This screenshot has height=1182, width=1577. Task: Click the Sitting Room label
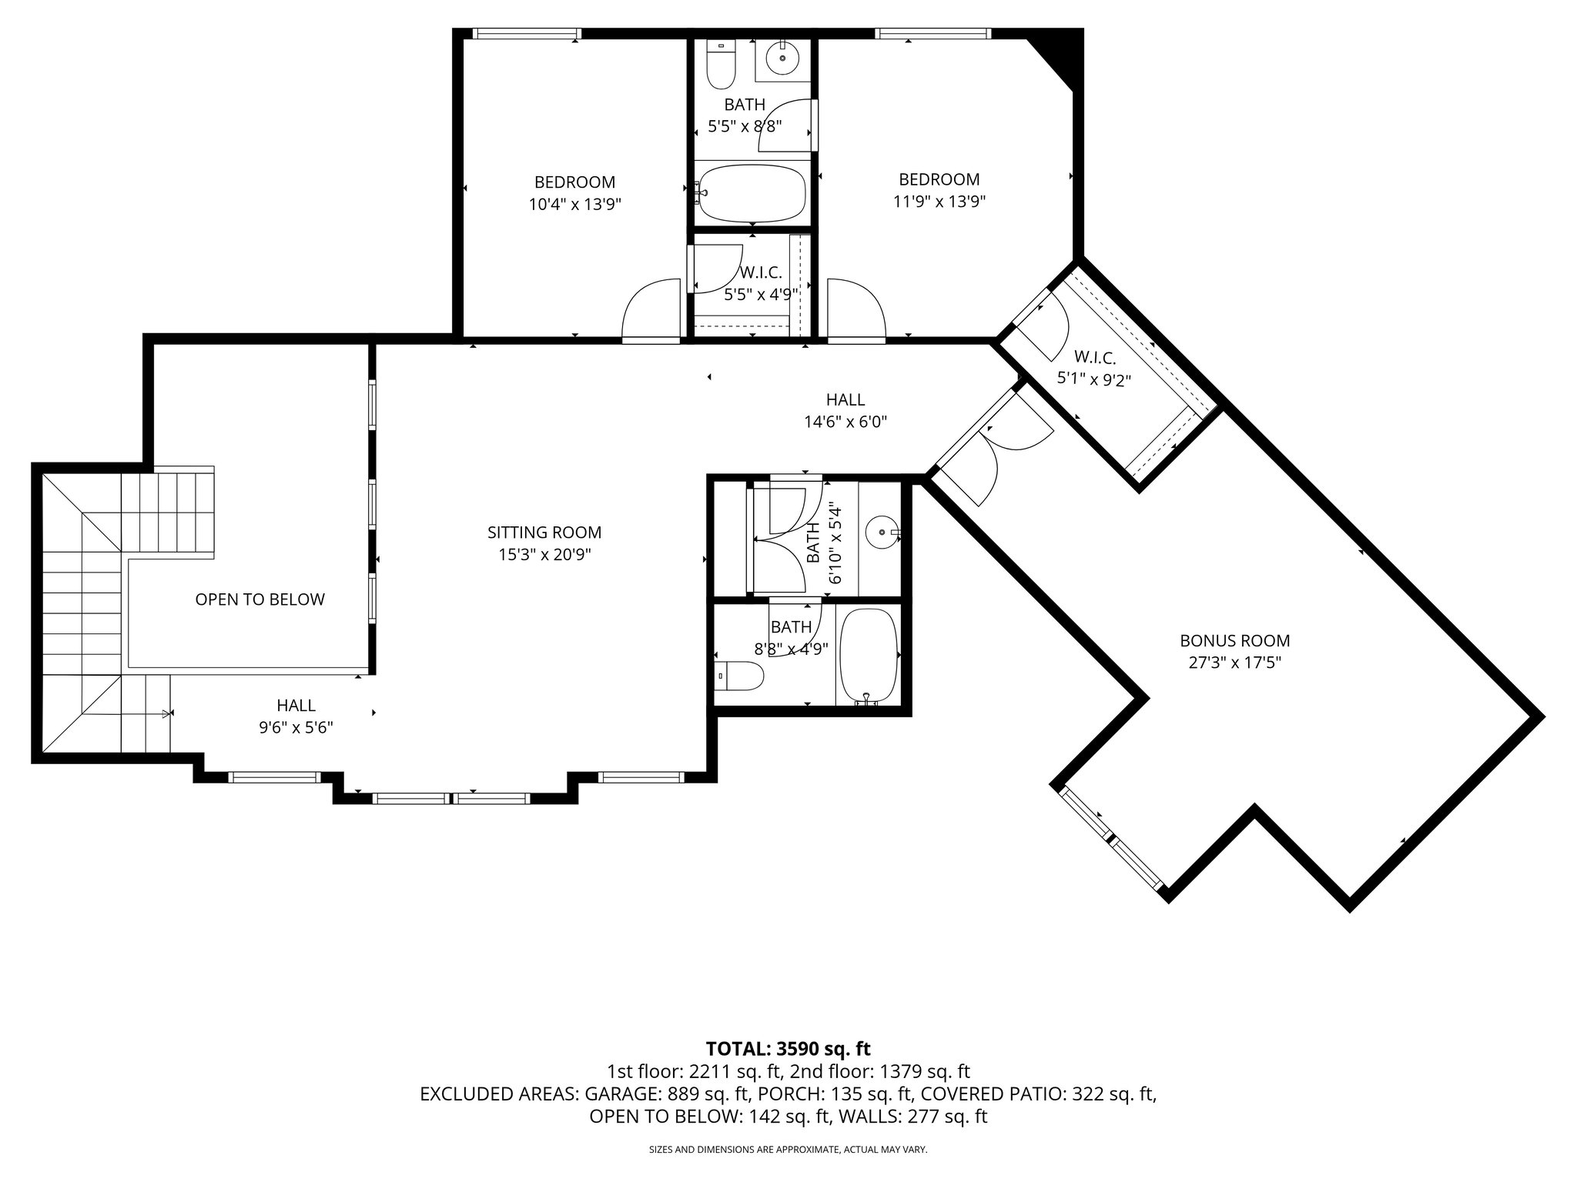544,533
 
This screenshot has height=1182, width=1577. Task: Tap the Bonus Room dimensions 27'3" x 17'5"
1234,663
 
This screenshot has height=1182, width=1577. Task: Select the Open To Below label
259,599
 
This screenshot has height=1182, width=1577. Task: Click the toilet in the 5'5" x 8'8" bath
721,65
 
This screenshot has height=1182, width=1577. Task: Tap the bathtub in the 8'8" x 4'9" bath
868,653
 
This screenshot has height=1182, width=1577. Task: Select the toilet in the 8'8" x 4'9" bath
738,676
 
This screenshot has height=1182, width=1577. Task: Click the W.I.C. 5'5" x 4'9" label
761,283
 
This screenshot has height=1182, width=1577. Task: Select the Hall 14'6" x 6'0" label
845,410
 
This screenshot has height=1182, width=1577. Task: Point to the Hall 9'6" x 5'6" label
296,716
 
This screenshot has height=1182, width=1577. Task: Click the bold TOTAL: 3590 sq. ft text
788,1048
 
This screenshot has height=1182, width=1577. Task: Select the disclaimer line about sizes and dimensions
788,1150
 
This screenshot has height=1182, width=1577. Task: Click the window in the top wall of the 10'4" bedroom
525,33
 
